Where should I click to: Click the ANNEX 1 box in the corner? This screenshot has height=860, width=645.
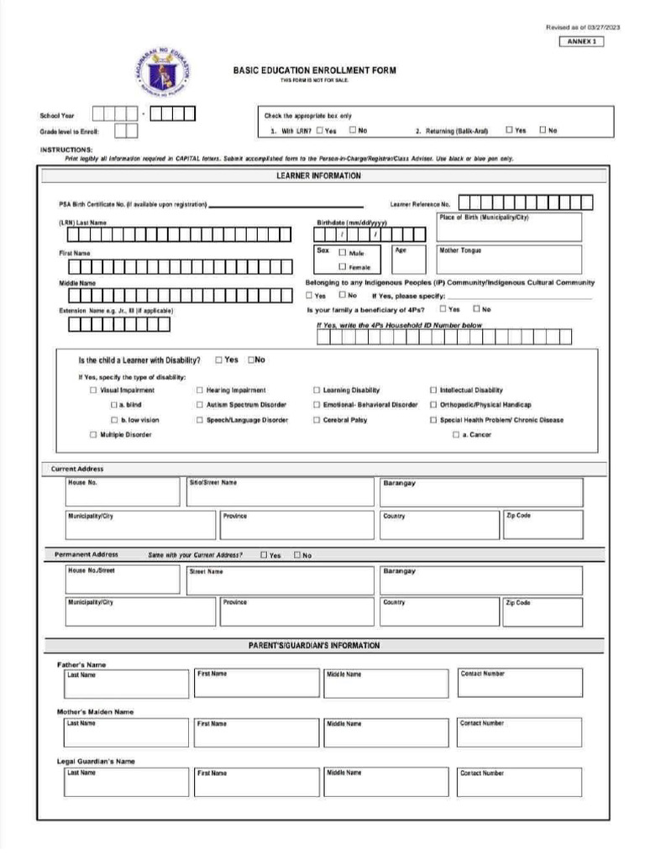click(x=580, y=42)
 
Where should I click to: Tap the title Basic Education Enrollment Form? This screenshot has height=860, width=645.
click(x=314, y=71)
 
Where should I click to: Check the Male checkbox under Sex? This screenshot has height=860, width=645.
click(x=343, y=253)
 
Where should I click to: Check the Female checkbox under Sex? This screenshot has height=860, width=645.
click(x=343, y=267)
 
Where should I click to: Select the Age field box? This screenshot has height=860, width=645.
click(x=408, y=259)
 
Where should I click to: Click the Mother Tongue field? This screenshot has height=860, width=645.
click(x=508, y=259)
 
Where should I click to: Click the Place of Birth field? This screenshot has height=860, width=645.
click(x=508, y=227)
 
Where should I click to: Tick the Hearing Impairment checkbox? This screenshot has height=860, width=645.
click(x=200, y=391)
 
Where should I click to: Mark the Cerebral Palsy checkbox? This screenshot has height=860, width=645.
click(x=317, y=420)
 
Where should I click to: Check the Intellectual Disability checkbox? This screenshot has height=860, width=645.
click(x=433, y=391)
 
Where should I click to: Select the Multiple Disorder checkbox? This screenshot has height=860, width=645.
click(x=93, y=435)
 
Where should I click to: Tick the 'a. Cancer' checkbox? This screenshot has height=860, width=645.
click(x=456, y=435)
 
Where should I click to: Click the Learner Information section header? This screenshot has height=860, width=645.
click(x=319, y=176)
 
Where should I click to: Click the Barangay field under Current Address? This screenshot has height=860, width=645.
click(x=480, y=493)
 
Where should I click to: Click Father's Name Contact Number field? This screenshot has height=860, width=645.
click(x=519, y=684)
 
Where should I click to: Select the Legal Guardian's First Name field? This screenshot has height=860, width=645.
click(x=256, y=782)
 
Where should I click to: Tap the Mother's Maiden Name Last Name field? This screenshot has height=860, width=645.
click(x=126, y=732)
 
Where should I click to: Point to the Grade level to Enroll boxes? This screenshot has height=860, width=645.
click(x=126, y=131)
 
